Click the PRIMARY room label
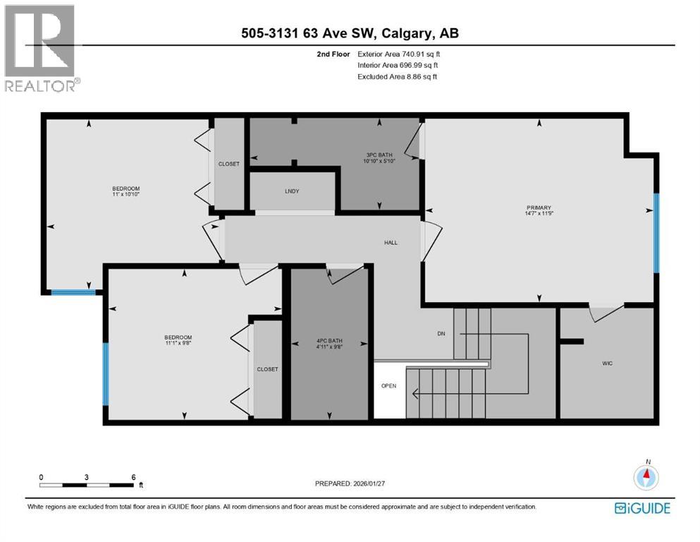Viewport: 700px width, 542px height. click(538, 207)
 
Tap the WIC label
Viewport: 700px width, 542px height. click(606, 363)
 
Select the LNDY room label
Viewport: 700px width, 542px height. click(292, 191)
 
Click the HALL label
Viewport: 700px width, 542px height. click(391, 243)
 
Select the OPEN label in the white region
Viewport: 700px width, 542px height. click(388, 386)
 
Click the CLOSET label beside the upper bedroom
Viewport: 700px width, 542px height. click(228, 164)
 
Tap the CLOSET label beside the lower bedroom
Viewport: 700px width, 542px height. click(267, 369)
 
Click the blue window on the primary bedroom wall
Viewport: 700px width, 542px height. click(656, 233)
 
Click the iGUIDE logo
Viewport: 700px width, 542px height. click(642, 508)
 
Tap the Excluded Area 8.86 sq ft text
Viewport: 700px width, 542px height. click(397, 76)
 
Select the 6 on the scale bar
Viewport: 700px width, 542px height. click(133, 477)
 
